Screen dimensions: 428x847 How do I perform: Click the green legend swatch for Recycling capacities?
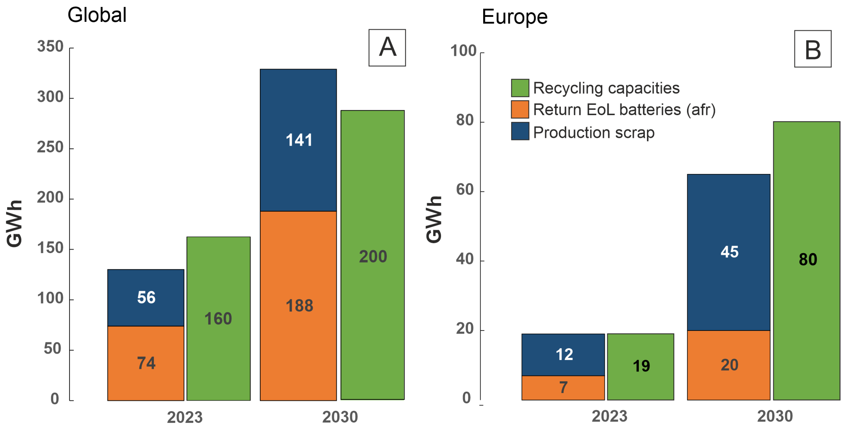tap(520, 88)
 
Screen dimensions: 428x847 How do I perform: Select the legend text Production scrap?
tap(593, 132)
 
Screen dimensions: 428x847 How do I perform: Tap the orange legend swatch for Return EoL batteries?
tap(520, 109)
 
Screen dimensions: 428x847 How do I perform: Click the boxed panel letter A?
tap(387, 48)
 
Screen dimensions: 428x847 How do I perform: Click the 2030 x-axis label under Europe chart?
tap(775, 416)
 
